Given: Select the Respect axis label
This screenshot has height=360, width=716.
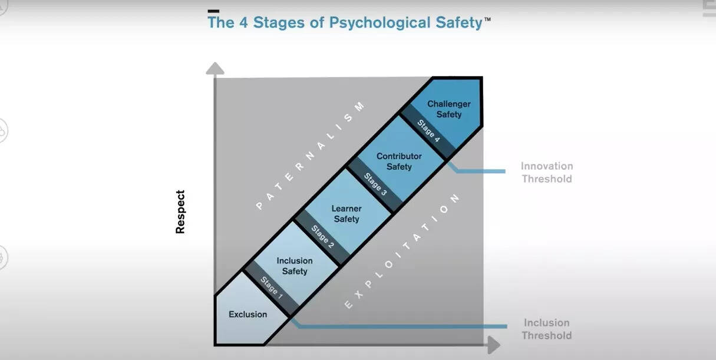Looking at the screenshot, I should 180,212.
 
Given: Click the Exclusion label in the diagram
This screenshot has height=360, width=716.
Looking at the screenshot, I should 248,314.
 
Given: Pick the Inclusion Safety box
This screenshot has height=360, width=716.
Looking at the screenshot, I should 294,266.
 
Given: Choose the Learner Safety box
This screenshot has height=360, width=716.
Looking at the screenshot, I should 347,214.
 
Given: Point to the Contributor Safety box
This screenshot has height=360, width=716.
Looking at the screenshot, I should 399,161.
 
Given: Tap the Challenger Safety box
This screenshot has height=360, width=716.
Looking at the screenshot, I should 448,109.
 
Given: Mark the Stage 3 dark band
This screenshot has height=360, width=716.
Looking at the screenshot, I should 375,184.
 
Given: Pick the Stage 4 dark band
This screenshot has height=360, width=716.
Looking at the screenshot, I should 428,131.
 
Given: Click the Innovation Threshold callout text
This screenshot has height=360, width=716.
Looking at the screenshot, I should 547,173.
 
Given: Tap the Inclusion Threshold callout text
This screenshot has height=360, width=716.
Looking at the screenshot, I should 547,329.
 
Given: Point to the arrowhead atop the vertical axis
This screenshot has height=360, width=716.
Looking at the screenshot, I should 215,68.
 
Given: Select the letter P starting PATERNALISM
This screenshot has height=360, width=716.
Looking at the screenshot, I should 259,206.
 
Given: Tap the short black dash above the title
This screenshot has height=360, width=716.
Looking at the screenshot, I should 213,11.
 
